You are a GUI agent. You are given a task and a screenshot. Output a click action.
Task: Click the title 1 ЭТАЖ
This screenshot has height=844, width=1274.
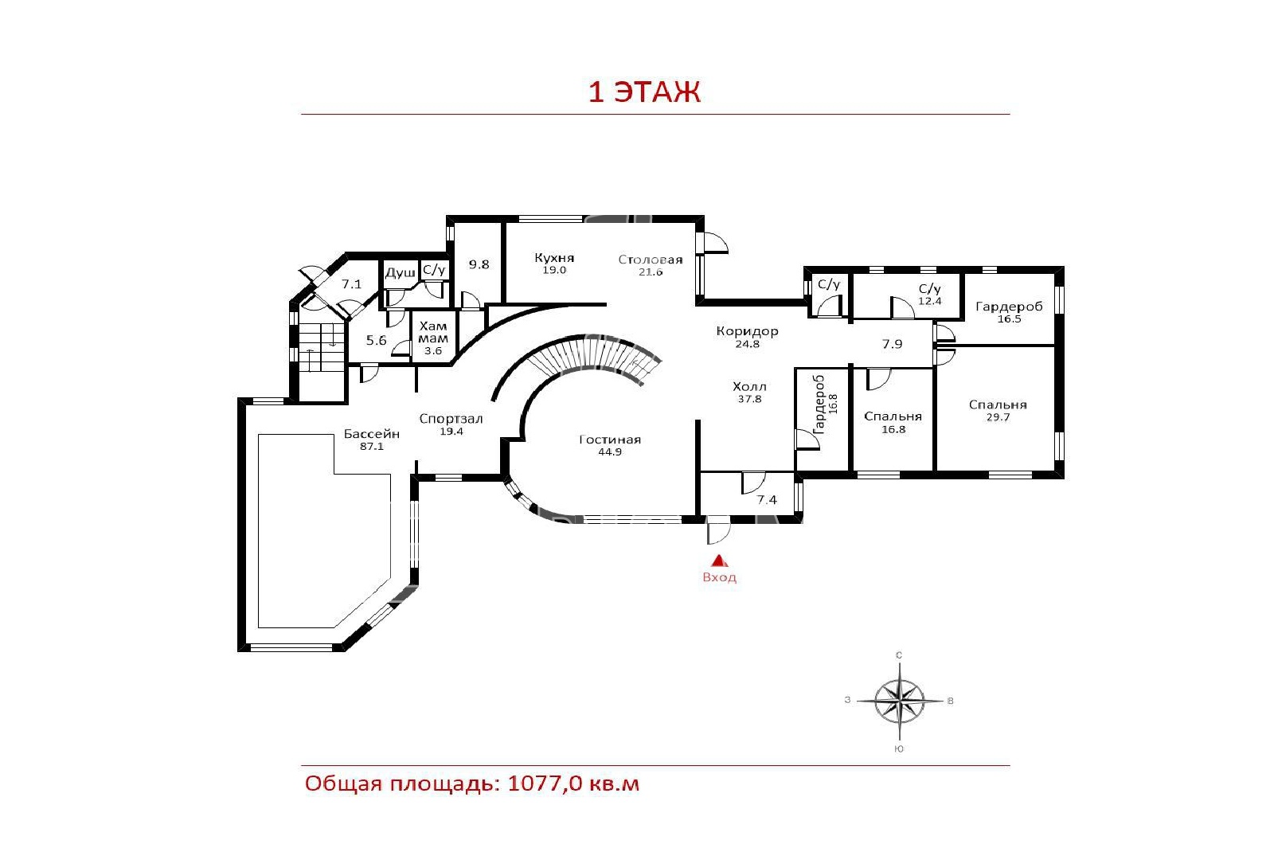(644, 92)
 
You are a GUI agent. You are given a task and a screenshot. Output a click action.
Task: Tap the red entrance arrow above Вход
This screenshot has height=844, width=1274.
(720, 561)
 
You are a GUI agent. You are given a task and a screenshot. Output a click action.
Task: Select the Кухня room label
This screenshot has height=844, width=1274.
(554, 258)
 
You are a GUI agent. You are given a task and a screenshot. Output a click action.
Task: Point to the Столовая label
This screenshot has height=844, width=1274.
(650, 260)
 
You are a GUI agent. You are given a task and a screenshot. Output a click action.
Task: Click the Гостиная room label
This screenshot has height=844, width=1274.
(610, 440)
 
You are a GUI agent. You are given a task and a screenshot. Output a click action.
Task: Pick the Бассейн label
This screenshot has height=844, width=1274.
(371, 434)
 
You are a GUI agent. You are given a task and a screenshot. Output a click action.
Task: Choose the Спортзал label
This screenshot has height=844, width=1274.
(451, 419)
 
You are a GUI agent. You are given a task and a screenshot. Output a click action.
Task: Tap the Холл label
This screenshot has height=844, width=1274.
(749, 387)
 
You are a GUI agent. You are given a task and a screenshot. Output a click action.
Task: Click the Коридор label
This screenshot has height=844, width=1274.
(747, 331)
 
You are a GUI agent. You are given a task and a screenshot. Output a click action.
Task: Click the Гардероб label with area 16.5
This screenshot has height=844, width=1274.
(1009, 307)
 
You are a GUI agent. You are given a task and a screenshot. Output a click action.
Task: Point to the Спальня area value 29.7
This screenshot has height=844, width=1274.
(998, 417)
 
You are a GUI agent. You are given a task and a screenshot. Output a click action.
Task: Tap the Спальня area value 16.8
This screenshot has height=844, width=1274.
(893, 429)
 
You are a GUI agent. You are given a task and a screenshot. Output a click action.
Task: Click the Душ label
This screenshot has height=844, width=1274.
(400, 273)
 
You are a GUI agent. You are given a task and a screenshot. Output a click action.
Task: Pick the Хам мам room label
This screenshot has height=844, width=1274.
(433, 332)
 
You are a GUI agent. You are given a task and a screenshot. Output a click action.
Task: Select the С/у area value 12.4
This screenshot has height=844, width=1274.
(930, 302)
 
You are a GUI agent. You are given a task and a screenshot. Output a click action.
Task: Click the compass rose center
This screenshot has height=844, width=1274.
(899, 701)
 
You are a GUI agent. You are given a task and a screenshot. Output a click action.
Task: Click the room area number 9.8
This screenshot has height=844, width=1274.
(479, 264)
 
